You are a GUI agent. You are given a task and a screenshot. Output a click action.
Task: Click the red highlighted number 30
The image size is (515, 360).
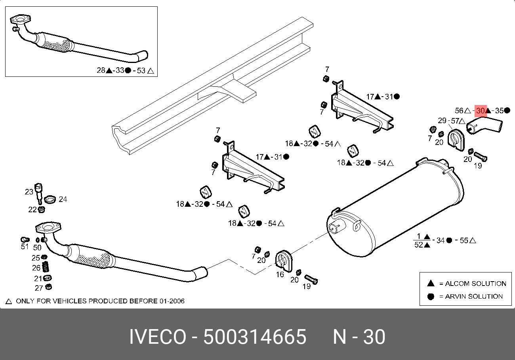point(480,111)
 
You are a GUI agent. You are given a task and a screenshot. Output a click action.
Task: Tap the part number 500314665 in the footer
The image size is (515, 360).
point(255,337)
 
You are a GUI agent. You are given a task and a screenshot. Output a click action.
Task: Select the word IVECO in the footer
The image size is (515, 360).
point(158,337)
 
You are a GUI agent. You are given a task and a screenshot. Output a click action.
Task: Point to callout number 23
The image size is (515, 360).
point(29,192)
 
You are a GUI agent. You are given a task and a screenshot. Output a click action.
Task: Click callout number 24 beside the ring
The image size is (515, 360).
point(63,199)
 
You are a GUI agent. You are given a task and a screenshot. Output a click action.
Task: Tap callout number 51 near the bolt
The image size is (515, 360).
point(25,246)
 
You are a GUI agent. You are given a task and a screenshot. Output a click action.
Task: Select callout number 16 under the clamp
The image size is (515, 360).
point(280,274)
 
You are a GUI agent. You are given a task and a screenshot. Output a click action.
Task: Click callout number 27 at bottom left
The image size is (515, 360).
point(39,288)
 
